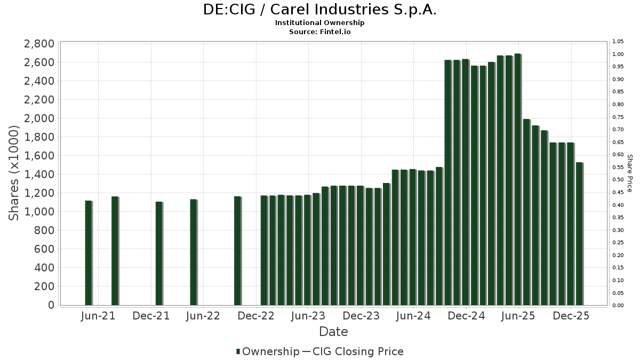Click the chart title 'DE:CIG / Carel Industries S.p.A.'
click(320, 10)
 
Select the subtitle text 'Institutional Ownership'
click(320, 23)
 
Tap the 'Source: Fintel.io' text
click(320, 31)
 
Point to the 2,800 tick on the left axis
click(39, 44)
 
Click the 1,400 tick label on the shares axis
click(39, 174)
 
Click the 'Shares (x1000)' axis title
click(14, 173)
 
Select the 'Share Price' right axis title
click(630, 173)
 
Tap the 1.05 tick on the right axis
click(618, 42)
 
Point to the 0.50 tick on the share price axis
click(618, 180)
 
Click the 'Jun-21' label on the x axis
click(98, 316)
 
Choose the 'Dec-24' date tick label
click(466, 316)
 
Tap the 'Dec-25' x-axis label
click(571, 316)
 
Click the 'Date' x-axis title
click(333, 332)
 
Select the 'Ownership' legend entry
click(268, 351)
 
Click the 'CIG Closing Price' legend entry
click(357, 351)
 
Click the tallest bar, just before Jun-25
click(517, 179)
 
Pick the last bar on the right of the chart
click(579, 234)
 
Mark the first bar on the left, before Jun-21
click(89, 253)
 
